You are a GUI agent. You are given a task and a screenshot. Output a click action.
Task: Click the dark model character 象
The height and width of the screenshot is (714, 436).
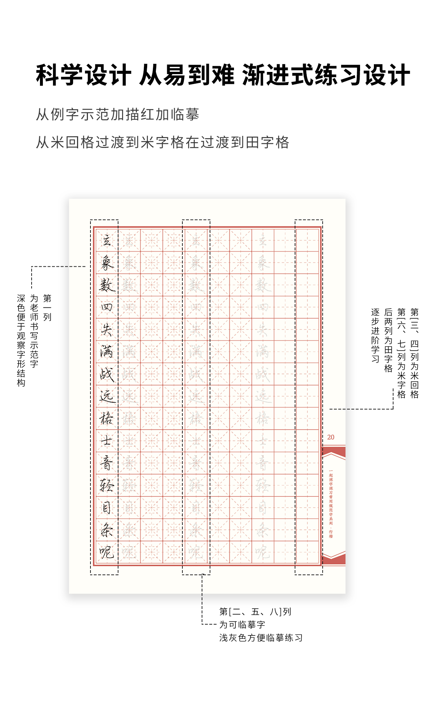(x=107, y=262)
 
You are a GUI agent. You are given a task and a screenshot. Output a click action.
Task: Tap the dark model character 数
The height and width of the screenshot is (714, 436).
(x=107, y=285)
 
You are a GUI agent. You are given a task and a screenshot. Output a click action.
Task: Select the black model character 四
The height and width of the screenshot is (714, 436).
(x=107, y=307)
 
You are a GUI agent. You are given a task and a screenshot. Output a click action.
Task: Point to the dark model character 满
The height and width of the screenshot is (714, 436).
(x=107, y=352)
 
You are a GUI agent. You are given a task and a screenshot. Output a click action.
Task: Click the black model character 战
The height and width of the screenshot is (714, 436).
(x=107, y=374)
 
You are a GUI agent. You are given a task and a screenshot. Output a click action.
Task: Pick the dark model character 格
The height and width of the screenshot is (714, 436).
(x=107, y=419)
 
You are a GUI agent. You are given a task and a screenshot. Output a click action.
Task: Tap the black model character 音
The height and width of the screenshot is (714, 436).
(x=107, y=463)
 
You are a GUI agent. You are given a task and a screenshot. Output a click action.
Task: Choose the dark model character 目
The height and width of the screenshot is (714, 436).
(x=107, y=508)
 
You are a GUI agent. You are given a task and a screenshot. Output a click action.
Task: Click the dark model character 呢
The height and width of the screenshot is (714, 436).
(x=107, y=552)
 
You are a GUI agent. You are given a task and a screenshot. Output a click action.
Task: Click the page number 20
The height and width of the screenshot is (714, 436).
(x=331, y=437)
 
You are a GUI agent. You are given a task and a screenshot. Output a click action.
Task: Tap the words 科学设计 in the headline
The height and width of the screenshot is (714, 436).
(x=83, y=75)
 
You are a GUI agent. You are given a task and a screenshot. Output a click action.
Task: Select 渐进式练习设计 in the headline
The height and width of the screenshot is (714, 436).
(x=326, y=75)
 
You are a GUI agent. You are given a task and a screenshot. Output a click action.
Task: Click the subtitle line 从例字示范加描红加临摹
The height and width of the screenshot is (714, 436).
(x=117, y=114)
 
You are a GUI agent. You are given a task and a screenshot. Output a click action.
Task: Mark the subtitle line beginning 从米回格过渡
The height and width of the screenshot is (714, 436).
(x=162, y=142)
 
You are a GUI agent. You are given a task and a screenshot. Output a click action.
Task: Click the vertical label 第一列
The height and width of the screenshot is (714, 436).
(x=47, y=307)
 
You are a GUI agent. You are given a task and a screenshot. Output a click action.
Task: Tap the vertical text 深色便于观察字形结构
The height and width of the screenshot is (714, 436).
(x=21, y=340)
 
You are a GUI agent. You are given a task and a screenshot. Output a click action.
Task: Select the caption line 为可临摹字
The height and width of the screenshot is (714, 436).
(x=242, y=625)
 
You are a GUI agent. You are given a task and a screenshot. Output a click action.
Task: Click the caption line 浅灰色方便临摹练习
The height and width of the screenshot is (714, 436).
(x=261, y=638)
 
